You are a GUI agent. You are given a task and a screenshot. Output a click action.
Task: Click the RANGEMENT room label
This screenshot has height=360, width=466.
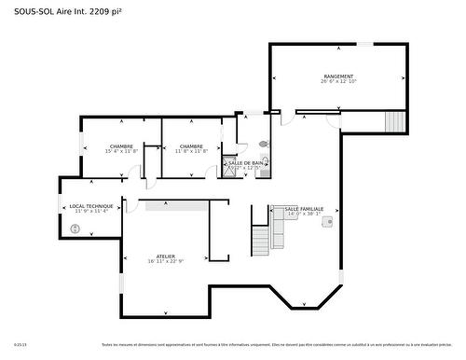(x=338, y=76)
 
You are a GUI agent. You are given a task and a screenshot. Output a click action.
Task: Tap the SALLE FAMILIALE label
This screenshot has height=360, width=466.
(x=304, y=209)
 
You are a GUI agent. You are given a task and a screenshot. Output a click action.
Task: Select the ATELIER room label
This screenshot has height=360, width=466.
(x=166, y=256)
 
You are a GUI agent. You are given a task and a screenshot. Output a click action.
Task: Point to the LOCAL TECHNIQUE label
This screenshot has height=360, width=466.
(x=91, y=205)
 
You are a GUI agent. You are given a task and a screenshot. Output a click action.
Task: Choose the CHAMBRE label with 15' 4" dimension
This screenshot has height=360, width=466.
(x=121, y=145)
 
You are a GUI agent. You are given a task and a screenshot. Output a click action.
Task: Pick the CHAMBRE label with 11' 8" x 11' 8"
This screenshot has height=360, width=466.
(x=192, y=145)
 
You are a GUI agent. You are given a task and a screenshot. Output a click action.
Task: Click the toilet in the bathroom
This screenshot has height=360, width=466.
(x=263, y=145)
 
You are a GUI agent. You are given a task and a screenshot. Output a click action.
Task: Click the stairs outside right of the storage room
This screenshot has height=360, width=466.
(x=396, y=121)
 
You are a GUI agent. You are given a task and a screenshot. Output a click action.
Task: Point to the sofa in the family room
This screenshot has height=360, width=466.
(x=278, y=229)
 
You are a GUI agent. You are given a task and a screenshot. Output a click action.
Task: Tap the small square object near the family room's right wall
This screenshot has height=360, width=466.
(x=327, y=223)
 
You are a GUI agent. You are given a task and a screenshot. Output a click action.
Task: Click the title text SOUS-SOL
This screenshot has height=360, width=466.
(x=32, y=10)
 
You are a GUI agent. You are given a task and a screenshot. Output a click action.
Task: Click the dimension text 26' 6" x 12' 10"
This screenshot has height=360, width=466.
(x=338, y=82)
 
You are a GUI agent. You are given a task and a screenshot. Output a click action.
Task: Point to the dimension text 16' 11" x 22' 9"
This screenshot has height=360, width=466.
(x=166, y=261)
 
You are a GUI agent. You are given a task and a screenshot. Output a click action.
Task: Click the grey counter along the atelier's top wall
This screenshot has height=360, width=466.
(x=177, y=205)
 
